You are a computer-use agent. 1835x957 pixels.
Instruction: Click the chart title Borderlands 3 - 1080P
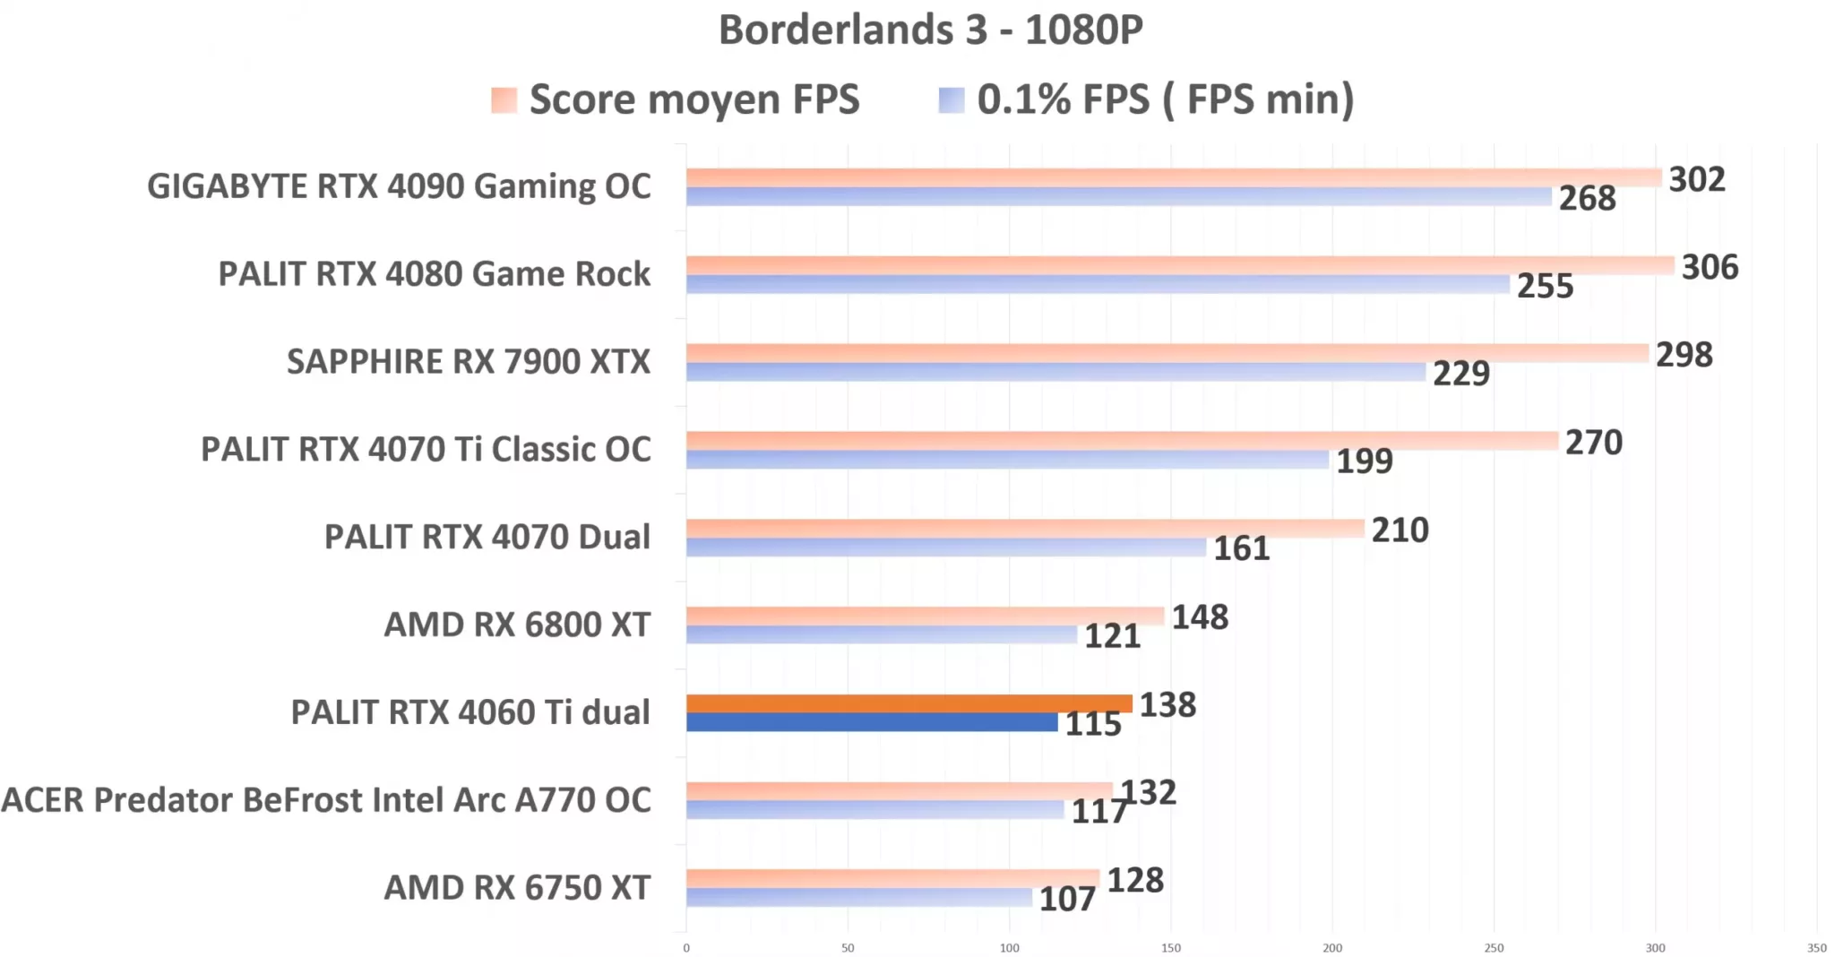[x=930, y=30]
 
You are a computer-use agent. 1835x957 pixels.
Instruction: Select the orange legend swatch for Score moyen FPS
[x=504, y=100]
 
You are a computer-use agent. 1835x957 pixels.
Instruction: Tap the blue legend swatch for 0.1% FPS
[x=951, y=100]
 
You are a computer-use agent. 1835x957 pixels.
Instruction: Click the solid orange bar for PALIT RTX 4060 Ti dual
[x=909, y=703]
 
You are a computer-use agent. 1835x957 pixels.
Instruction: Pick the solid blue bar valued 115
[x=871, y=722]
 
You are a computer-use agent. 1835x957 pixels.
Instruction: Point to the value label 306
[x=1709, y=267]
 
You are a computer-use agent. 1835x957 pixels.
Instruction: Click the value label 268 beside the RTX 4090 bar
[x=1587, y=198]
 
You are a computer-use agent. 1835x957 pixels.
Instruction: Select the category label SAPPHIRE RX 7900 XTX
[x=468, y=361]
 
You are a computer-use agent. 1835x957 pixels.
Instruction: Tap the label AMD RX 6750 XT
[x=517, y=887]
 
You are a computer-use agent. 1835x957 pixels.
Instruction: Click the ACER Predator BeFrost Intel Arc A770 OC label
[x=326, y=799]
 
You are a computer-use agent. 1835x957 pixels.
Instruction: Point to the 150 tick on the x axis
[x=1170, y=948]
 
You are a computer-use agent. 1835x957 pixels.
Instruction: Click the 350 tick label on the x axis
[x=1816, y=948]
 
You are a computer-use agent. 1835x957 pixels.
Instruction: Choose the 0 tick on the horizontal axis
[x=686, y=948]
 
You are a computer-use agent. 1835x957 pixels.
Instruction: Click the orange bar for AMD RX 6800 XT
[x=925, y=616]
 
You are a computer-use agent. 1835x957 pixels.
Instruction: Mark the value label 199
[x=1364, y=461]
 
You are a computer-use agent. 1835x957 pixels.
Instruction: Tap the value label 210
[x=1400, y=530]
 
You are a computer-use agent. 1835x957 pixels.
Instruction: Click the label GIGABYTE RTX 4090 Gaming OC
[x=399, y=186]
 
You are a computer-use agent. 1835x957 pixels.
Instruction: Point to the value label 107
[x=1066, y=899]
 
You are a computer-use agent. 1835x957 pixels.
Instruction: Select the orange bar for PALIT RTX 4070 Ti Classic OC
[x=1122, y=440]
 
